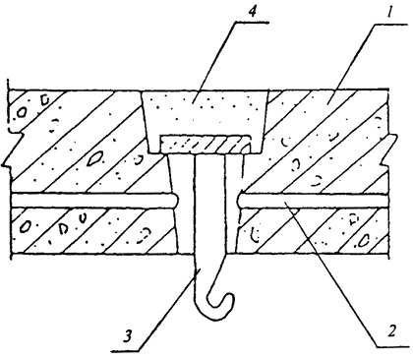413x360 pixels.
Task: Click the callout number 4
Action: click(252, 12)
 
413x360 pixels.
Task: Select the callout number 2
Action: click(391, 330)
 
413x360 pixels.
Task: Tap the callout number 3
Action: click(128, 337)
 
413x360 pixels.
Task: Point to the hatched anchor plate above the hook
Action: click(206, 145)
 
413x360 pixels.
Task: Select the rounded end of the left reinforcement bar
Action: click(176, 201)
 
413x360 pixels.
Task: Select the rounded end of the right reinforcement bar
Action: click(240, 201)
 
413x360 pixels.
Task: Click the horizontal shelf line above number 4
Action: click(252, 23)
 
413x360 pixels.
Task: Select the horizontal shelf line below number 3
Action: click(126, 352)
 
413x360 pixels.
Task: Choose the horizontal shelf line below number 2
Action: click(392, 346)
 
